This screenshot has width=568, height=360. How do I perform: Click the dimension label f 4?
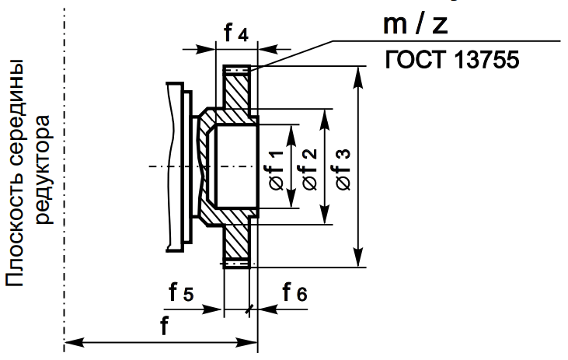235,34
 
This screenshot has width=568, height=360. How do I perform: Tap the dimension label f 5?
181,293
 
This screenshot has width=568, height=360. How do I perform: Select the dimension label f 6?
294,293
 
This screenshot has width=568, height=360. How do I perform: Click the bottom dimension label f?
164,327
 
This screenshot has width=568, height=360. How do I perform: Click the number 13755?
482,59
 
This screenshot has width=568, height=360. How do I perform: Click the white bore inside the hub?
235,166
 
